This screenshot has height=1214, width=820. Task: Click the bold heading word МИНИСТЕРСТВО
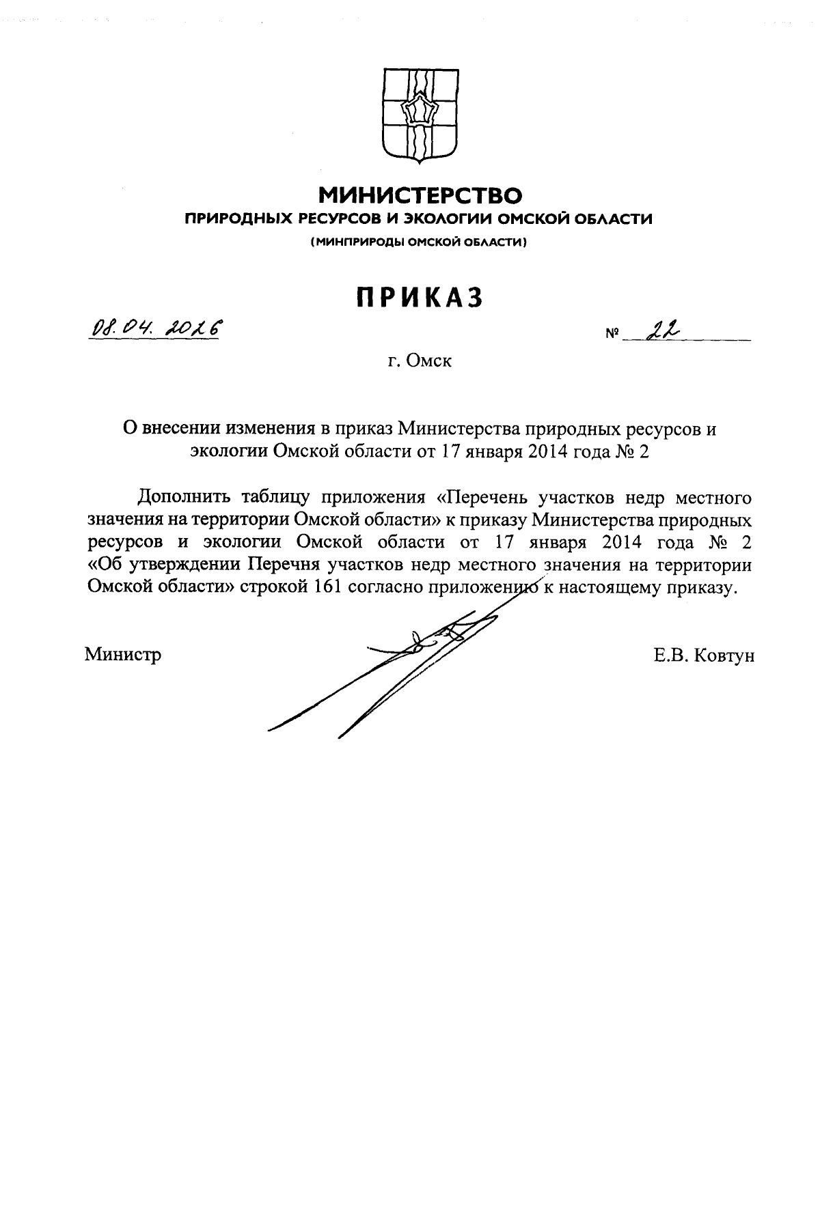(x=421, y=197)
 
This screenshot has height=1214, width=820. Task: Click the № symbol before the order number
(x=612, y=335)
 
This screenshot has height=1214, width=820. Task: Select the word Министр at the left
(x=123, y=655)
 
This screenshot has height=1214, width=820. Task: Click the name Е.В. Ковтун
(x=704, y=655)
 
